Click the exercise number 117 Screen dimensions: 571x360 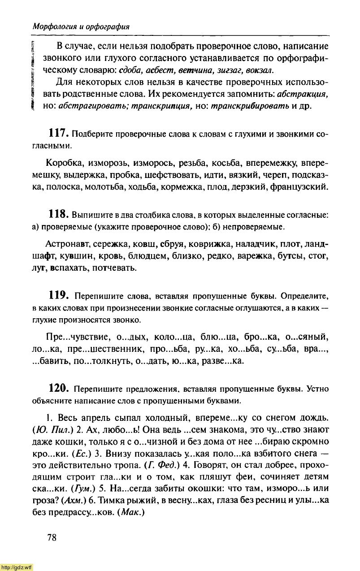(x=58, y=134)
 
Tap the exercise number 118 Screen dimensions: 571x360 (x=58, y=215)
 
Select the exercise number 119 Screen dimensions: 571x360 (x=58, y=296)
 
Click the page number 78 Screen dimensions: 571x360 (x=52, y=538)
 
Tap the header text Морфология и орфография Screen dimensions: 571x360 (x=81, y=26)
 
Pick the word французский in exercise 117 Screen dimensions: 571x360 (x=299, y=186)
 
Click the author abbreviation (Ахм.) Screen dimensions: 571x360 (x=72, y=500)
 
